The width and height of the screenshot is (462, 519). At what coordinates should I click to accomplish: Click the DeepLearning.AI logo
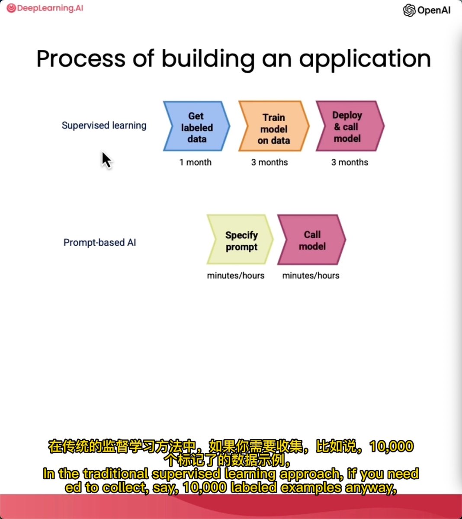click(45, 8)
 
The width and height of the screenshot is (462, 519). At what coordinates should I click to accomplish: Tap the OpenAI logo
click(427, 10)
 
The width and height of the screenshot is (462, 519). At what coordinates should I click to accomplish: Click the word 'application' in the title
click(365, 59)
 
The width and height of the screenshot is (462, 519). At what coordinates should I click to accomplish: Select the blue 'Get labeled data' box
click(196, 127)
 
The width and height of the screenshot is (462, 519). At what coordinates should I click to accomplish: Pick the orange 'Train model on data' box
click(273, 128)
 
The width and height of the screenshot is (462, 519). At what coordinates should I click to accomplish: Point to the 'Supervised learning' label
click(104, 125)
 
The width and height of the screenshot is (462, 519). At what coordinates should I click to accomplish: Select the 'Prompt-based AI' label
click(99, 243)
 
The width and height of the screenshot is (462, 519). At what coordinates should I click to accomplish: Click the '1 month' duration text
click(195, 163)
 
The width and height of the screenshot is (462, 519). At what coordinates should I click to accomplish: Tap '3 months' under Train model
click(269, 163)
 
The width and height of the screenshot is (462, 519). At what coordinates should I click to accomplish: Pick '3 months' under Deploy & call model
click(350, 163)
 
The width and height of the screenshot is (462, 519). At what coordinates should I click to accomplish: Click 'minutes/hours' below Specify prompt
click(236, 276)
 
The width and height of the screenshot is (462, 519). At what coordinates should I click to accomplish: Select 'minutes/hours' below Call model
click(311, 276)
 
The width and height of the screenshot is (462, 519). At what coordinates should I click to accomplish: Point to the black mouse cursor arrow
click(106, 159)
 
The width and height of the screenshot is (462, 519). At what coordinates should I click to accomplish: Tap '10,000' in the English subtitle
click(205, 488)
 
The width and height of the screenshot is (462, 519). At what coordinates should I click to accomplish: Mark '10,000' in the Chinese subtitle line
click(391, 446)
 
